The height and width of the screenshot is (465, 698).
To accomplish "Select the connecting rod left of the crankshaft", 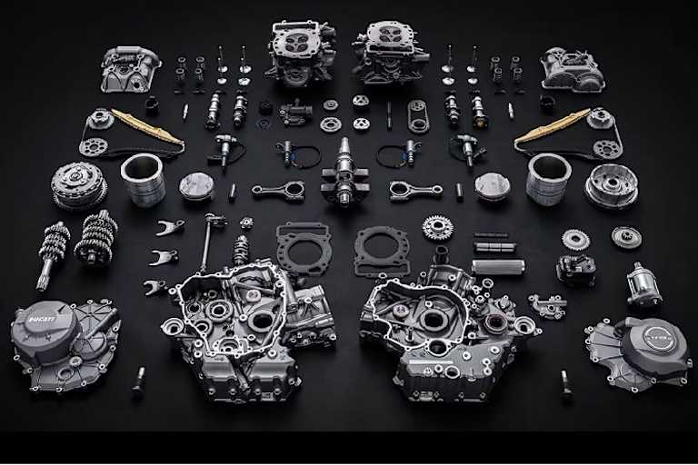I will coord(278,192).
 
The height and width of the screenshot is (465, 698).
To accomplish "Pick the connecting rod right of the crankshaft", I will coord(414,191).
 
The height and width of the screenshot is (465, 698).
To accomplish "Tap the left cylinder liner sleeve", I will coord(143,178).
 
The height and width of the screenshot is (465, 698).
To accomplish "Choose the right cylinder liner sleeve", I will coord(548,177).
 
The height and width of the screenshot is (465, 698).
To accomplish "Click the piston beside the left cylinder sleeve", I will coord(196,186).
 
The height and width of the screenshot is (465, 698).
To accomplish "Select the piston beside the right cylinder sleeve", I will coord(492,185).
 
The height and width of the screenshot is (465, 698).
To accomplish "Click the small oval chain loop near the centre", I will coord(418,116).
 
